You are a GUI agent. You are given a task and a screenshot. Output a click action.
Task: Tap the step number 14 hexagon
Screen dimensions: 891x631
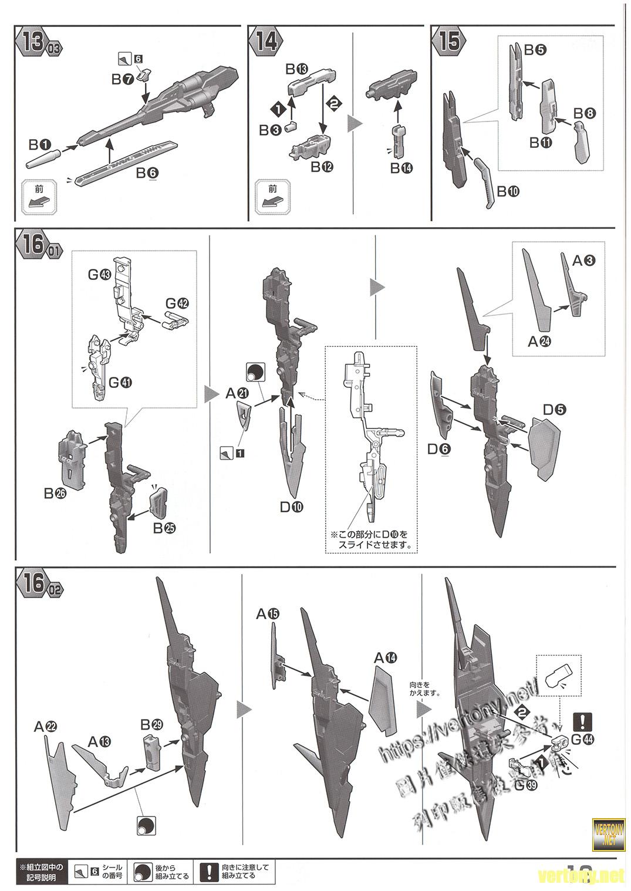coord(265,42)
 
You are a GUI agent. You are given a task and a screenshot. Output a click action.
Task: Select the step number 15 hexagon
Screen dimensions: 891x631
coord(448,42)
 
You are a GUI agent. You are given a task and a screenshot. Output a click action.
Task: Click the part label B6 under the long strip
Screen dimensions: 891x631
coord(148,174)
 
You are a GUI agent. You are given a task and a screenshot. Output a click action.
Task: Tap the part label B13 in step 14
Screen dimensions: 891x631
coord(297,69)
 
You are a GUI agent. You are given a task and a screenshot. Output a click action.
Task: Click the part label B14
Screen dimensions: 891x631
coord(401,168)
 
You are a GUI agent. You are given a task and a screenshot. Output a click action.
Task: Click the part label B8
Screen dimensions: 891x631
coord(584,113)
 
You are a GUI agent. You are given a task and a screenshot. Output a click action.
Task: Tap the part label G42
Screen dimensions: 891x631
coord(178,303)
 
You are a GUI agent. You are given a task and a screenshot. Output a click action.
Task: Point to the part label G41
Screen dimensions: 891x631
coord(122,382)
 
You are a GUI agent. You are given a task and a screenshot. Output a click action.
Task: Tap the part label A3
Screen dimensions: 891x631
coord(584,260)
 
